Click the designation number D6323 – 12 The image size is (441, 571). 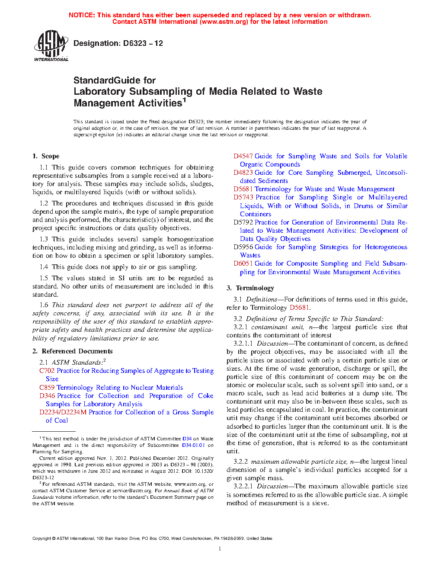pos(143,43)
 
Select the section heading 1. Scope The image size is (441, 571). pos(46,156)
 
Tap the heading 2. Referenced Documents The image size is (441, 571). pos(72,351)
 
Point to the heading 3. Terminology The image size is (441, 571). pos(250,288)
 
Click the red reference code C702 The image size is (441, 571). pos(47,371)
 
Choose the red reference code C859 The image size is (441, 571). pos(47,388)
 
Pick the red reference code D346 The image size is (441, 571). pos(47,396)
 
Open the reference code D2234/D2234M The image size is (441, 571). pos(63,412)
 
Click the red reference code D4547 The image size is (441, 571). pos(243,156)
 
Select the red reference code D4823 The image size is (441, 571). pos(243,173)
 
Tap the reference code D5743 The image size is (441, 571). pos(243,197)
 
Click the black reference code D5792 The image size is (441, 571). pos(243,222)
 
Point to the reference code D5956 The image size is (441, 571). pos(243,247)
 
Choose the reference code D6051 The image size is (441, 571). pos(243,263)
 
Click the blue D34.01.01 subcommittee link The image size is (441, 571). pos(193,445)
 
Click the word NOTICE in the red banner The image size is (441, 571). pos(81,15)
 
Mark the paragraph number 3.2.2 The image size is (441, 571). pos(240,462)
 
